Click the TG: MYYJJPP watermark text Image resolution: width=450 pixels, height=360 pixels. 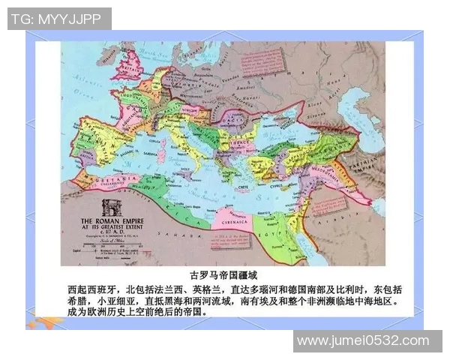point(58,19)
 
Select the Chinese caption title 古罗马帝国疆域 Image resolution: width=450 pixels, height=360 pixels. point(225,275)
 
